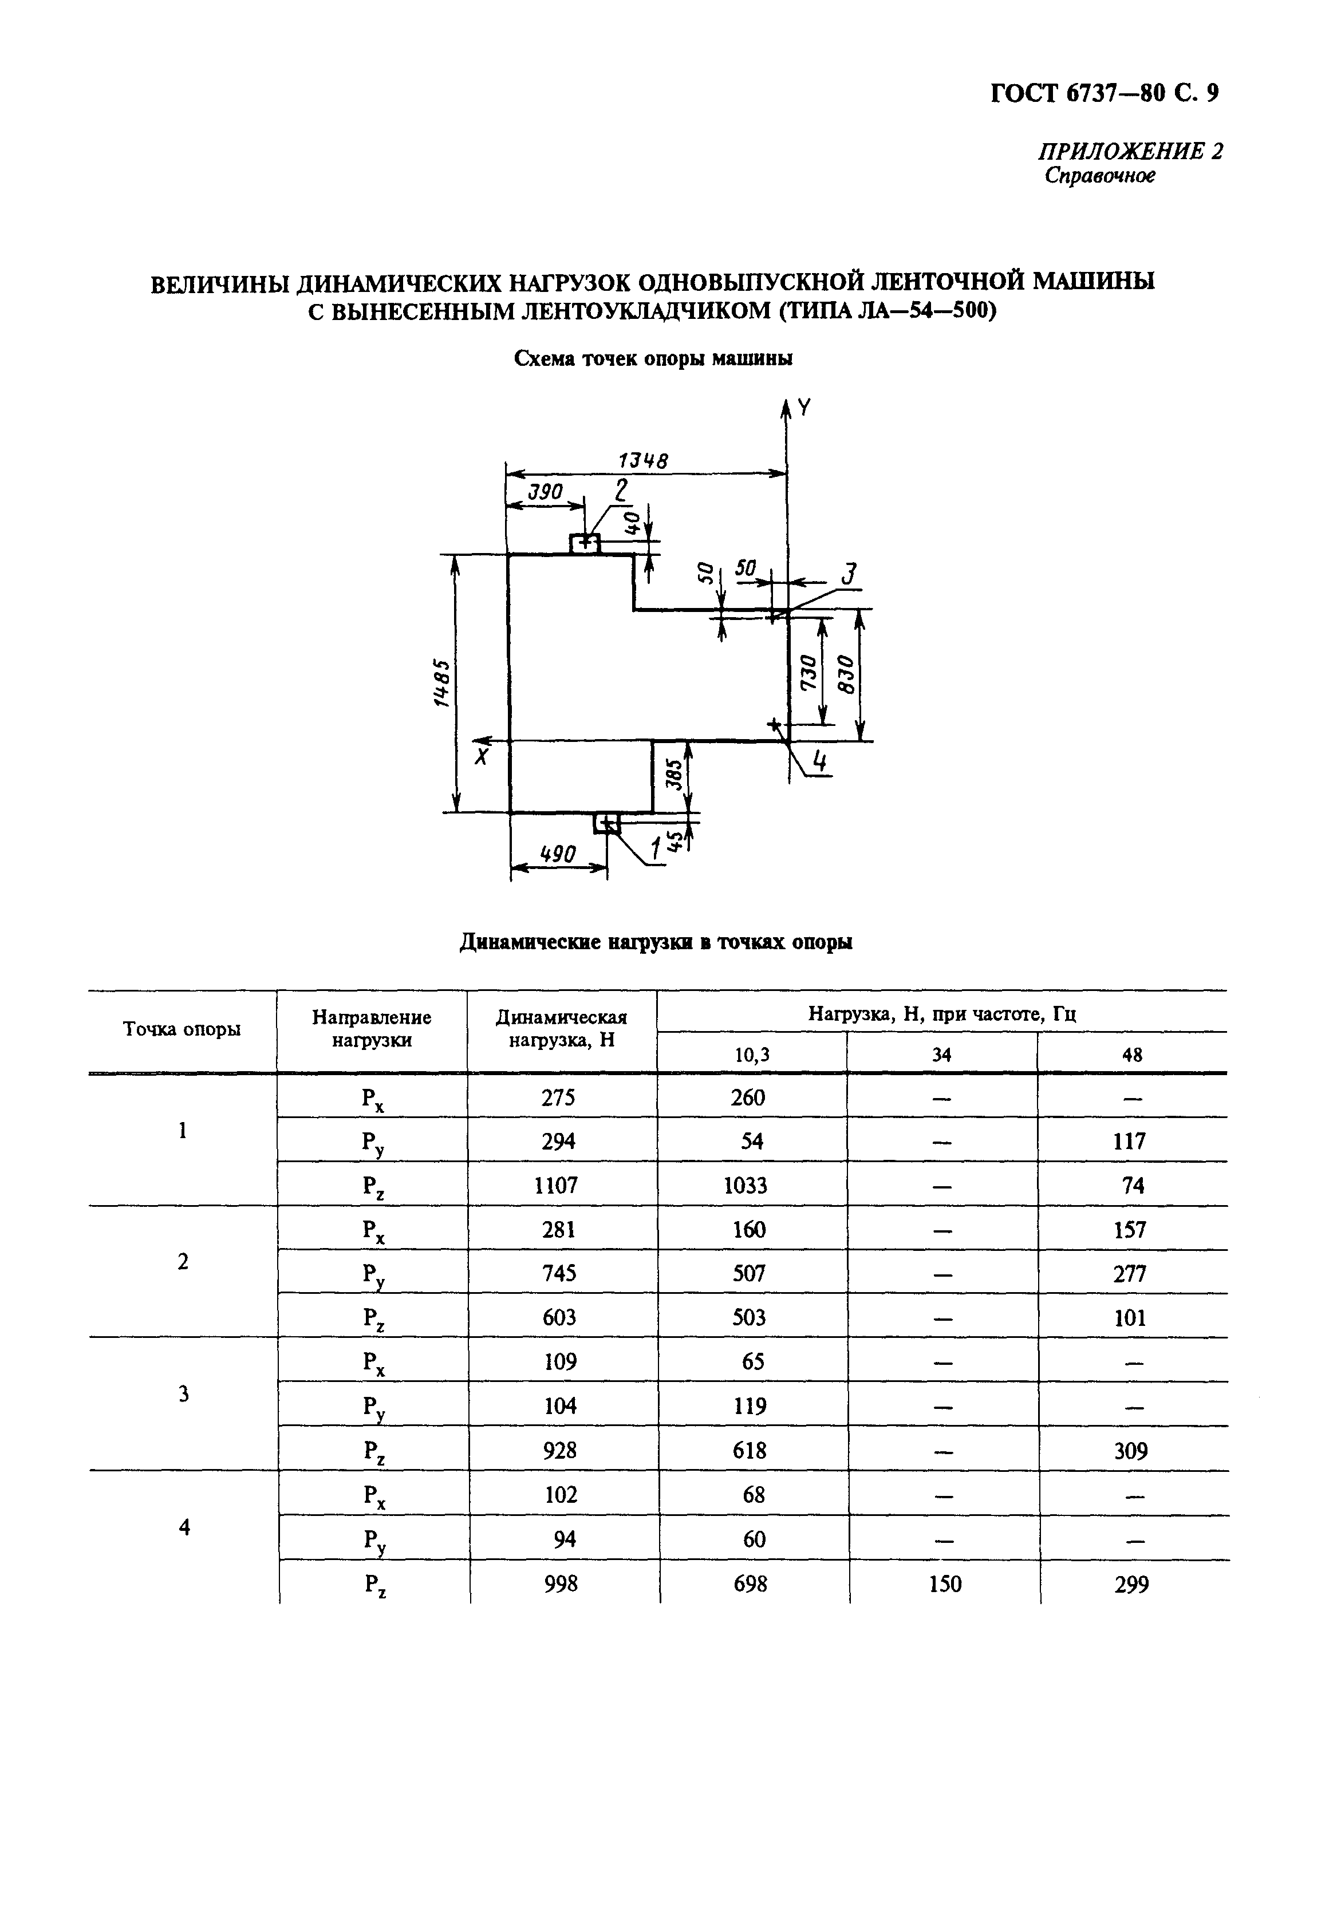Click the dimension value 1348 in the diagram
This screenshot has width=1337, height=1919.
(x=643, y=460)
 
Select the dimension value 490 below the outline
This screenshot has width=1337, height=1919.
(x=558, y=854)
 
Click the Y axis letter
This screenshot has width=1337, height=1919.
(x=803, y=407)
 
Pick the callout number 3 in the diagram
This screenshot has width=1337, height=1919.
(x=848, y=575)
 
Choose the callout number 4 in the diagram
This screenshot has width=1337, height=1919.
(x=821, y=761)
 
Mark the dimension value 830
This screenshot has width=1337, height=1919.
(x=845, y=674)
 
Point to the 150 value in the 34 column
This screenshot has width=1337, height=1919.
(x=945, y=1584)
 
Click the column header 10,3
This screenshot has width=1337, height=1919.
(x=752, y=1055)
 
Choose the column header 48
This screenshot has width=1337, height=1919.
(x=1132, y=1055)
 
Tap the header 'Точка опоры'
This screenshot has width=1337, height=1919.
(x=182, y=1029)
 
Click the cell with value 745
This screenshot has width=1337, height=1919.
(x=558, y=1273)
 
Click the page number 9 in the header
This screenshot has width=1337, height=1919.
(x=1212, y=93)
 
